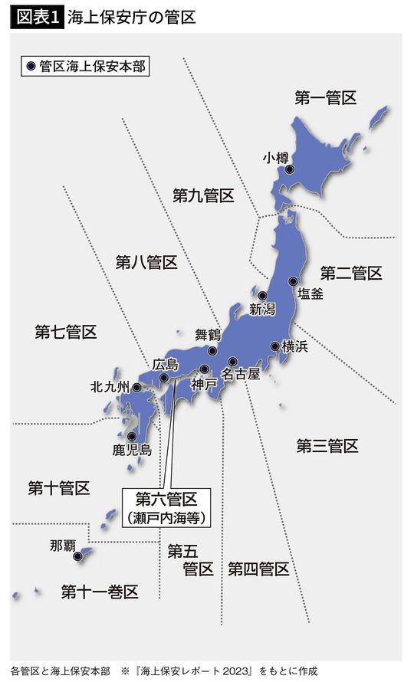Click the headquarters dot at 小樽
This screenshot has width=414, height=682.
click(290, 169)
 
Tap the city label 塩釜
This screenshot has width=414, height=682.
click(310, 293)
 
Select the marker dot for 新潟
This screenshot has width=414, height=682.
click(262, 296)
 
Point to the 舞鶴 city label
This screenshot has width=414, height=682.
click(208, 334)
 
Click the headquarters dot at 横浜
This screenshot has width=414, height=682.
click(275, 346)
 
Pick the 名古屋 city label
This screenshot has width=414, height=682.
click(241, 375)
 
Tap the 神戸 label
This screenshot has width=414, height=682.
click(205, 383)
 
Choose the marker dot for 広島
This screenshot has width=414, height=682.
click(164, 377)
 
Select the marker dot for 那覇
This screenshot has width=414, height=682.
click(77, 557)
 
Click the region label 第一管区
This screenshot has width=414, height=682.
click(326, 97)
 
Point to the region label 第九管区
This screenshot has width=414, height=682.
click(203, 195)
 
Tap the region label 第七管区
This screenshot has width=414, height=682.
click(66, 332)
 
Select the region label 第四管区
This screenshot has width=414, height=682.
click(258, 569)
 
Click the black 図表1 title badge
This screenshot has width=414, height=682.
click(36, 17)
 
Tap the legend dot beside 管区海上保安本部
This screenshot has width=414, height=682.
click(31, 66)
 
